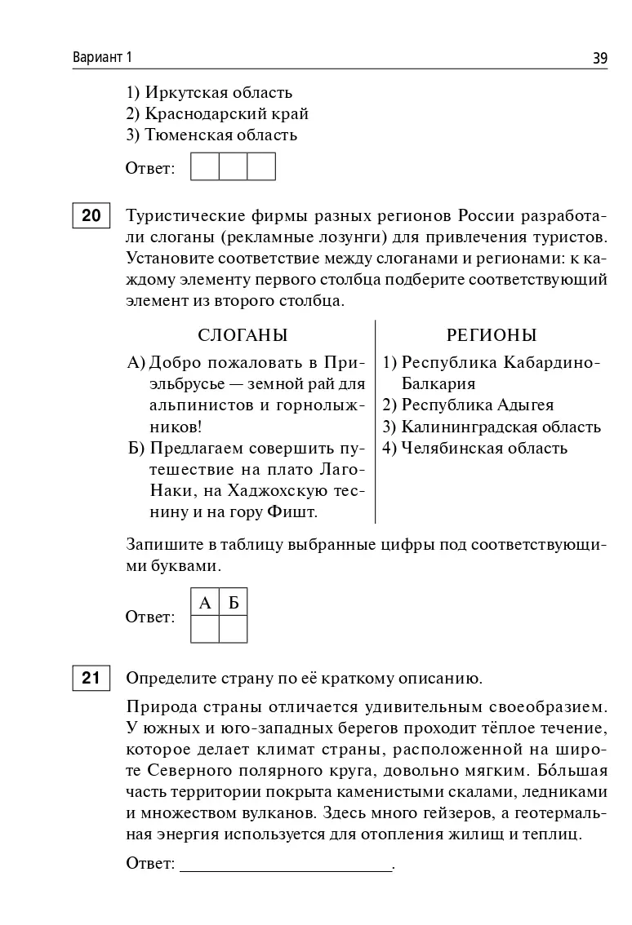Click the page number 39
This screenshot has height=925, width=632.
click(599, 58)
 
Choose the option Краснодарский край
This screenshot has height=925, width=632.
click(216, 114)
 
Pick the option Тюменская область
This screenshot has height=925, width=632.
click(211, 135)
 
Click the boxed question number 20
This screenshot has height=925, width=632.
click(91, 216)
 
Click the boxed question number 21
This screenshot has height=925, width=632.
click(91, 679)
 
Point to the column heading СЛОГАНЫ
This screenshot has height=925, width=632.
click(243, 335)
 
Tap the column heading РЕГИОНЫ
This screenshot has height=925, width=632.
click(492, 335)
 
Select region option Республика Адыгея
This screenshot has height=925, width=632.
click(468, 405)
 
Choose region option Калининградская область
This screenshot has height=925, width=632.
click(492, 427)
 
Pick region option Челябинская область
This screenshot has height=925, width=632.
click(474, 448)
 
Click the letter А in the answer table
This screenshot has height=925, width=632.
click(205, 603)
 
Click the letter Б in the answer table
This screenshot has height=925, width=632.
click(234, 603)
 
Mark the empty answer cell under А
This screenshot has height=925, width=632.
click(205, 629)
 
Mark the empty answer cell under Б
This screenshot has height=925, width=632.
click(234, 629)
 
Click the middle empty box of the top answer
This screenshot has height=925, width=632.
click(233, 166)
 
